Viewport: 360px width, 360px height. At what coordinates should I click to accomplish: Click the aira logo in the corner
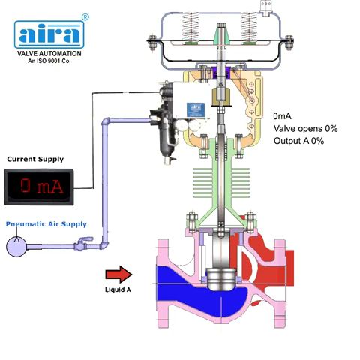49,34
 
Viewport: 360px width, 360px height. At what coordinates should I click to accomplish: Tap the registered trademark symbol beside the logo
85,17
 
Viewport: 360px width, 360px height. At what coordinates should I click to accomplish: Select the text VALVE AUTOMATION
49,53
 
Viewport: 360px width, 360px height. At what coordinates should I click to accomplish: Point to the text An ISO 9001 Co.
49,61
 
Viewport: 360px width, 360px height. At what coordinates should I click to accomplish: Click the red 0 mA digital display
39,187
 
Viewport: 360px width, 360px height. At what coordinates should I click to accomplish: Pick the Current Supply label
35,159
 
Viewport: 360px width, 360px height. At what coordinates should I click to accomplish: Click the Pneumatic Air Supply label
46,224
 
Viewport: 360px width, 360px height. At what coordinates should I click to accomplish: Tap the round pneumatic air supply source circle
16,247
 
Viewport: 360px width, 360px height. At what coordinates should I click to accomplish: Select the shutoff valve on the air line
82,244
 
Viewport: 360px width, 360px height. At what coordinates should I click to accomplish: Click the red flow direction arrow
118,274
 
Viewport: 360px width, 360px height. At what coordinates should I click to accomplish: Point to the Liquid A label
118,289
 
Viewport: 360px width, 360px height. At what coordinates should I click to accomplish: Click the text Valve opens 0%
305,129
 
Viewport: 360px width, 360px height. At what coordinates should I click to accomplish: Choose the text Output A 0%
298,141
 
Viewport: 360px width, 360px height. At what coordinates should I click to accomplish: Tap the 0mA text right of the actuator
282,116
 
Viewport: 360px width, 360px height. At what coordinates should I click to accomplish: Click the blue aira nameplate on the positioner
196,109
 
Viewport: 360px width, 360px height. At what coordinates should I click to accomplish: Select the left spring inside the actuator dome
190,28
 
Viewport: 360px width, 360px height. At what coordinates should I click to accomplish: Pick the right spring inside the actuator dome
249,28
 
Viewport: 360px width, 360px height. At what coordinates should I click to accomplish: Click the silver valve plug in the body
221,279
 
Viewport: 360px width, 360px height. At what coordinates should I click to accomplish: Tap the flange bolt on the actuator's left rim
151,43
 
